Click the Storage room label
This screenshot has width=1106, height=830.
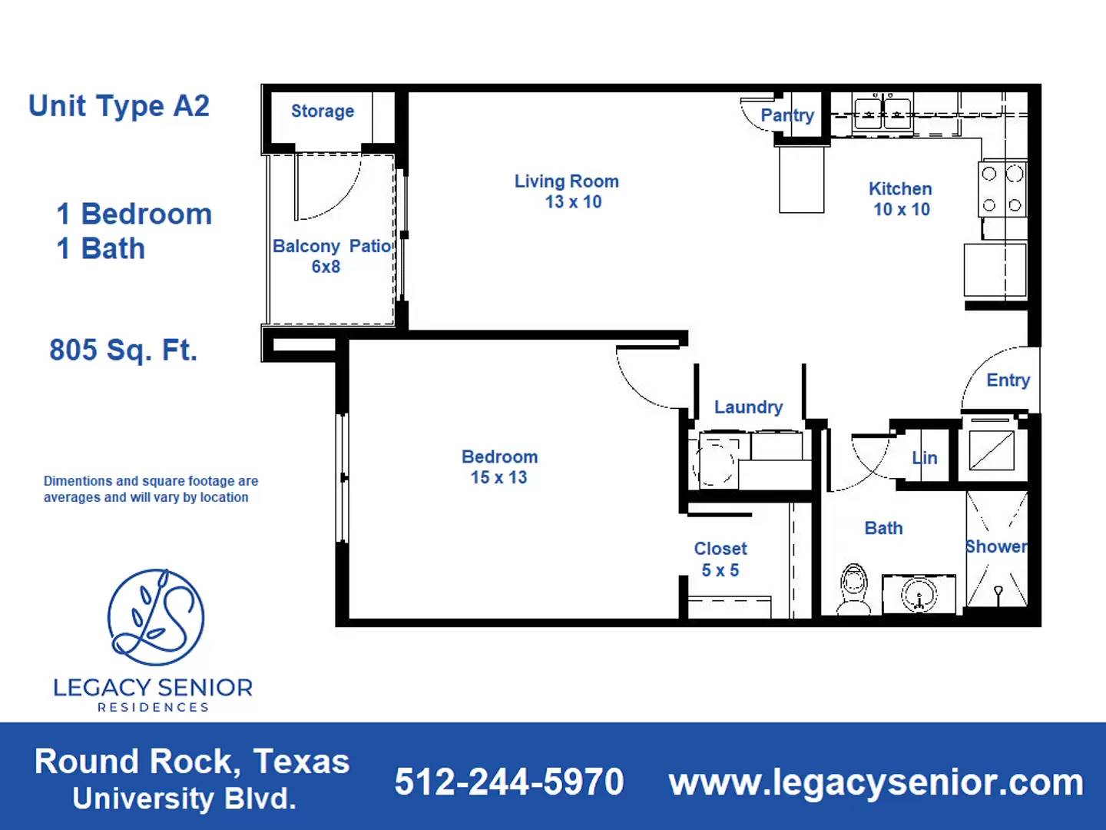point(322,111)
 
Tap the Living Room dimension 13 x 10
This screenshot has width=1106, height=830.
point(573,202)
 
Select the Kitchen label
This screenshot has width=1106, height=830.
point(900,189)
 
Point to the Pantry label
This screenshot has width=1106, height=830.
point(786,115)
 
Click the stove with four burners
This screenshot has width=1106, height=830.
point(1002,189)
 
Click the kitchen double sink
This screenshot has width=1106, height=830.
point(882,114)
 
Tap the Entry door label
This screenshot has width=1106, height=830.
point(1008,380)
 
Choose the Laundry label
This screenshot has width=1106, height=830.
point(748,407)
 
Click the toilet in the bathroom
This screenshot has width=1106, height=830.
point(853,587)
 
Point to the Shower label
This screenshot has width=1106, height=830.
point(996,546)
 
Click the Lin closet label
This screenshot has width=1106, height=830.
point(925,459)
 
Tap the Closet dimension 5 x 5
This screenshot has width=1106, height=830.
point(720,570)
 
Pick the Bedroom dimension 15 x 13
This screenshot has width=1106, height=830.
point(498,477)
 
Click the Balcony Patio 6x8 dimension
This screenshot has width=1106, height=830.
point(326,267)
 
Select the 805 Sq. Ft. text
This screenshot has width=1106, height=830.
point(124,350)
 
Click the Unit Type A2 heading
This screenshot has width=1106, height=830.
point(119,106)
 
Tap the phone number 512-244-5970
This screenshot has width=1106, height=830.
point(508,782)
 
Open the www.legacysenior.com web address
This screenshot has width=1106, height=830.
point(876,782)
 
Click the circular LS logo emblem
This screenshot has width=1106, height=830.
point(156,617)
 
